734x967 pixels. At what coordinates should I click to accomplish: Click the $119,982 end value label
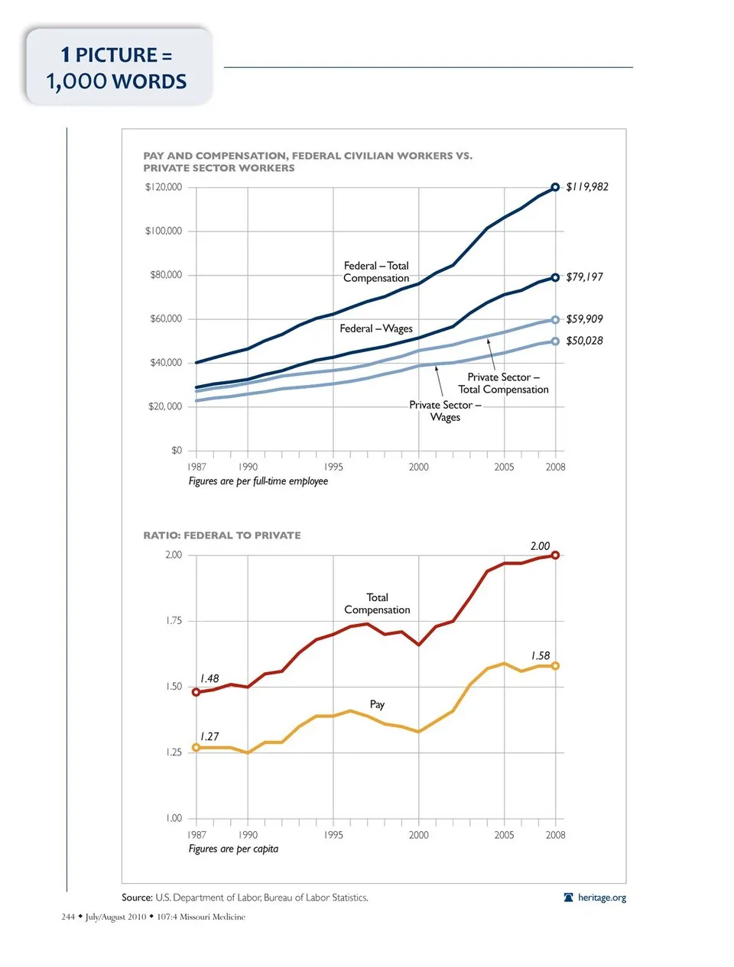point(587,187)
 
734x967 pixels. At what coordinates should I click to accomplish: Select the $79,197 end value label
point(584,277)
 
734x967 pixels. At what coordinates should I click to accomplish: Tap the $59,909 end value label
point(584,319)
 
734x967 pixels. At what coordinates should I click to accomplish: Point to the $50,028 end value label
point(584,341)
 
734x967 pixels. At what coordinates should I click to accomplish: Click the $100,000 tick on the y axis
point(164,231)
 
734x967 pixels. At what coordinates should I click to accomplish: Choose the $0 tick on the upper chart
point(177,451)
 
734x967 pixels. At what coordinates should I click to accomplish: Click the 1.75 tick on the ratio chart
point(174,621)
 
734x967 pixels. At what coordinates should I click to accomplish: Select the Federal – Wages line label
point(376,328)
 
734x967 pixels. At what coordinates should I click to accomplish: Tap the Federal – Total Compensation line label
point(376,272)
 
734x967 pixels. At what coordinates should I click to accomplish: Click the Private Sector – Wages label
point(445,411)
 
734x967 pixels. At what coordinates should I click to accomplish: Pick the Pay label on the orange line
point(377,704)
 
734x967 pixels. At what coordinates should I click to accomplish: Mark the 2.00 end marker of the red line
point(555,555)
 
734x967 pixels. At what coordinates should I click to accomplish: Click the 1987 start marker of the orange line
point(196,748)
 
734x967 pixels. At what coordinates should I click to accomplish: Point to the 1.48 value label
point(209,679)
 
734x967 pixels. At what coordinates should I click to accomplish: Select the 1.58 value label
point(541,656)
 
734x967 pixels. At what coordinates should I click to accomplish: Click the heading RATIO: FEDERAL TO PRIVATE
point(222,535)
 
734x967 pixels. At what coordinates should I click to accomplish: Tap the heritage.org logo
point(595,897)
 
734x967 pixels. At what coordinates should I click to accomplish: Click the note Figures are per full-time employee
point(258,481)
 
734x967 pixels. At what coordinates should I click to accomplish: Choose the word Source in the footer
point(137,897)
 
